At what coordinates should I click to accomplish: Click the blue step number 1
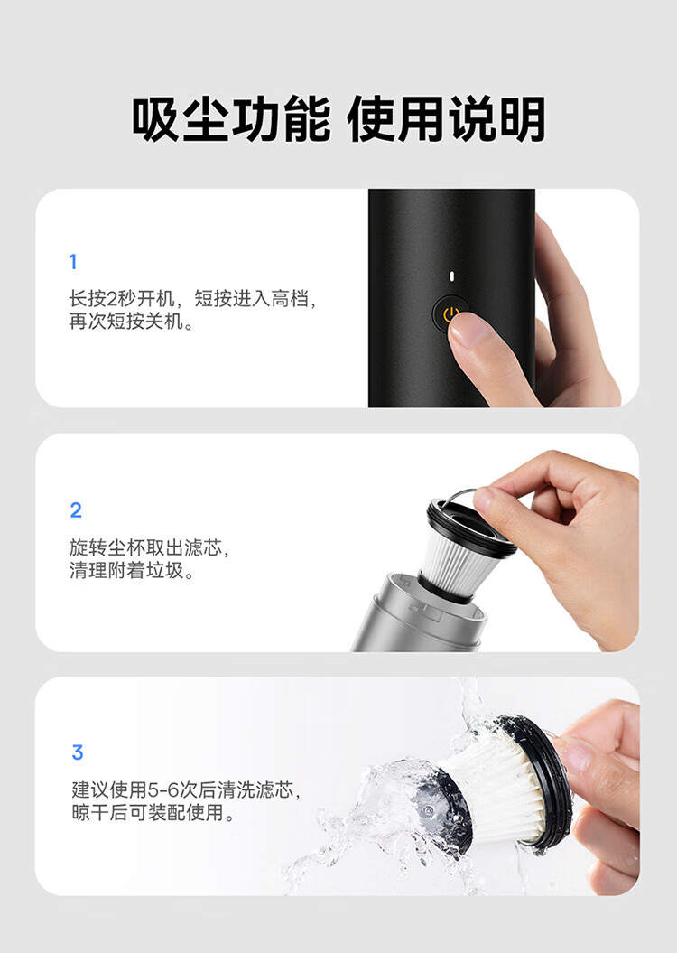(x=73, y=261)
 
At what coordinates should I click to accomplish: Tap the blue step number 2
(x=76, y=509)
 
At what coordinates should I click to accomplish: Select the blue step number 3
(x=77, y=752)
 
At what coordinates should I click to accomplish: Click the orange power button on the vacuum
(x=450, y=313)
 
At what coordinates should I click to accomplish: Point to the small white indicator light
(x=451, y=276)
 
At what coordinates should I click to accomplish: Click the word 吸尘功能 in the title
(x=231, y=118)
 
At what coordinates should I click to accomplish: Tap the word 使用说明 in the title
(x=446, y=118)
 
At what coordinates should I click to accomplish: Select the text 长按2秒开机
(x=122, y=298)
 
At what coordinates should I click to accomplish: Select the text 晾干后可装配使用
(x=153, y=813)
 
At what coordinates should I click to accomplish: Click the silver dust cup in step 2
(x=419, y=614)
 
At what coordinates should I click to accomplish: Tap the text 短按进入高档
(x=255, y=298)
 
